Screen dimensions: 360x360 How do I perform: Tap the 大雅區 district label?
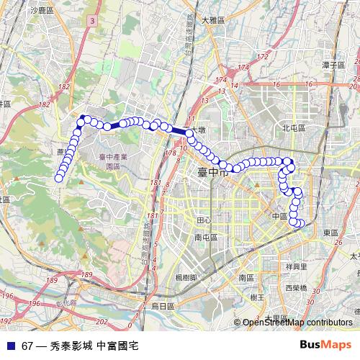tap(215, 20)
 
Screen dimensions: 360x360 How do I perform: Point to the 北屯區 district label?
tap(294, 127)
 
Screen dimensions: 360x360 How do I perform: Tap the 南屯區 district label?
tap(206, 235)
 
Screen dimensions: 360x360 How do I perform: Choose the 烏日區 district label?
tap(163, 306)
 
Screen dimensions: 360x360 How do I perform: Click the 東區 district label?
tap(330, 233)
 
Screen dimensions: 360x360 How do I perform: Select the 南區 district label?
tap(245, 277)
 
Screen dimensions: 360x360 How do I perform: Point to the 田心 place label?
tap(204, 220)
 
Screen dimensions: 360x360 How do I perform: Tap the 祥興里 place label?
tap(297, 266)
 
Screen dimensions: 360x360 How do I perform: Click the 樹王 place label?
tap(256, 296)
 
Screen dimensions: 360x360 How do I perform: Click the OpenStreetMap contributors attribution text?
tap(297, 323)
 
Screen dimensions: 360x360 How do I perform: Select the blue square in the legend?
tap(9, 346)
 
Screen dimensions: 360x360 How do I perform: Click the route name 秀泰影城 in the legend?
tap(71, 346)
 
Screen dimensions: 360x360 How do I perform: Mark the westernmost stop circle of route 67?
tap(58, 178)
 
